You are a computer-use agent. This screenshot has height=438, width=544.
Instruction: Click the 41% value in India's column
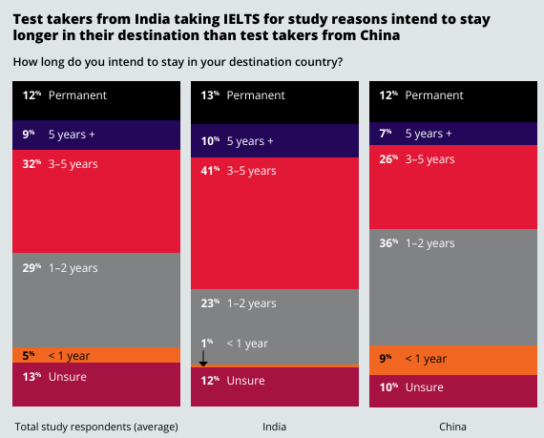point(210,171)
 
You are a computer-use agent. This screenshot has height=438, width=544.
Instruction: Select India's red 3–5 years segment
point(275,223)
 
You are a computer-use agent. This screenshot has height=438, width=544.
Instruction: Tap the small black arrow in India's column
point(203,358)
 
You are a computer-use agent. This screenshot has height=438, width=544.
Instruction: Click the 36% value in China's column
point(388,243)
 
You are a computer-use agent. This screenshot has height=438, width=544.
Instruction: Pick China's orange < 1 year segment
point(453,360)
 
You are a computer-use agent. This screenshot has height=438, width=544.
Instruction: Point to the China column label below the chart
point(452,427)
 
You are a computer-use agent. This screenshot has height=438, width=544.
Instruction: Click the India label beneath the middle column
point(275,427)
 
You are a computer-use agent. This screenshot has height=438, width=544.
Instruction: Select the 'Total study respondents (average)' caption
point(96,427)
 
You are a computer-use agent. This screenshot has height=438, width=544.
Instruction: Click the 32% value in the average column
point(31,164)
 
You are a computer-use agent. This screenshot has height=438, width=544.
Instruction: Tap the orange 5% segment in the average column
point(96,355)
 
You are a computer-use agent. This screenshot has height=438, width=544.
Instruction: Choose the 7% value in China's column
point(386,134)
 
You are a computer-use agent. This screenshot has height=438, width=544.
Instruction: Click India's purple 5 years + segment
point(275,141)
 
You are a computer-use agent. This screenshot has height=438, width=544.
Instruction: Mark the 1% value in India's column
point(207,344)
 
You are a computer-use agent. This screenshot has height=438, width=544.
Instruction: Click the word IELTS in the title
point(241,19)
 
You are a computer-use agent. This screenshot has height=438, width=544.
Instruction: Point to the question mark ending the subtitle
point(340,62)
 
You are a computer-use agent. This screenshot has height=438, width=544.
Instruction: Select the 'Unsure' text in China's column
point(425,387)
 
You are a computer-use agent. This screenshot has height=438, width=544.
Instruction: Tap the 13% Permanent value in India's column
point(210,95)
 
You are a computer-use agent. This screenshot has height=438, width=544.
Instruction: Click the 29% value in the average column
point(31,268)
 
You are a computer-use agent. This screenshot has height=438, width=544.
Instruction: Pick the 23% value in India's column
point(210,303)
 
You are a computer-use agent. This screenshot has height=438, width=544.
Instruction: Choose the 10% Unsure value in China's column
point(388,387)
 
